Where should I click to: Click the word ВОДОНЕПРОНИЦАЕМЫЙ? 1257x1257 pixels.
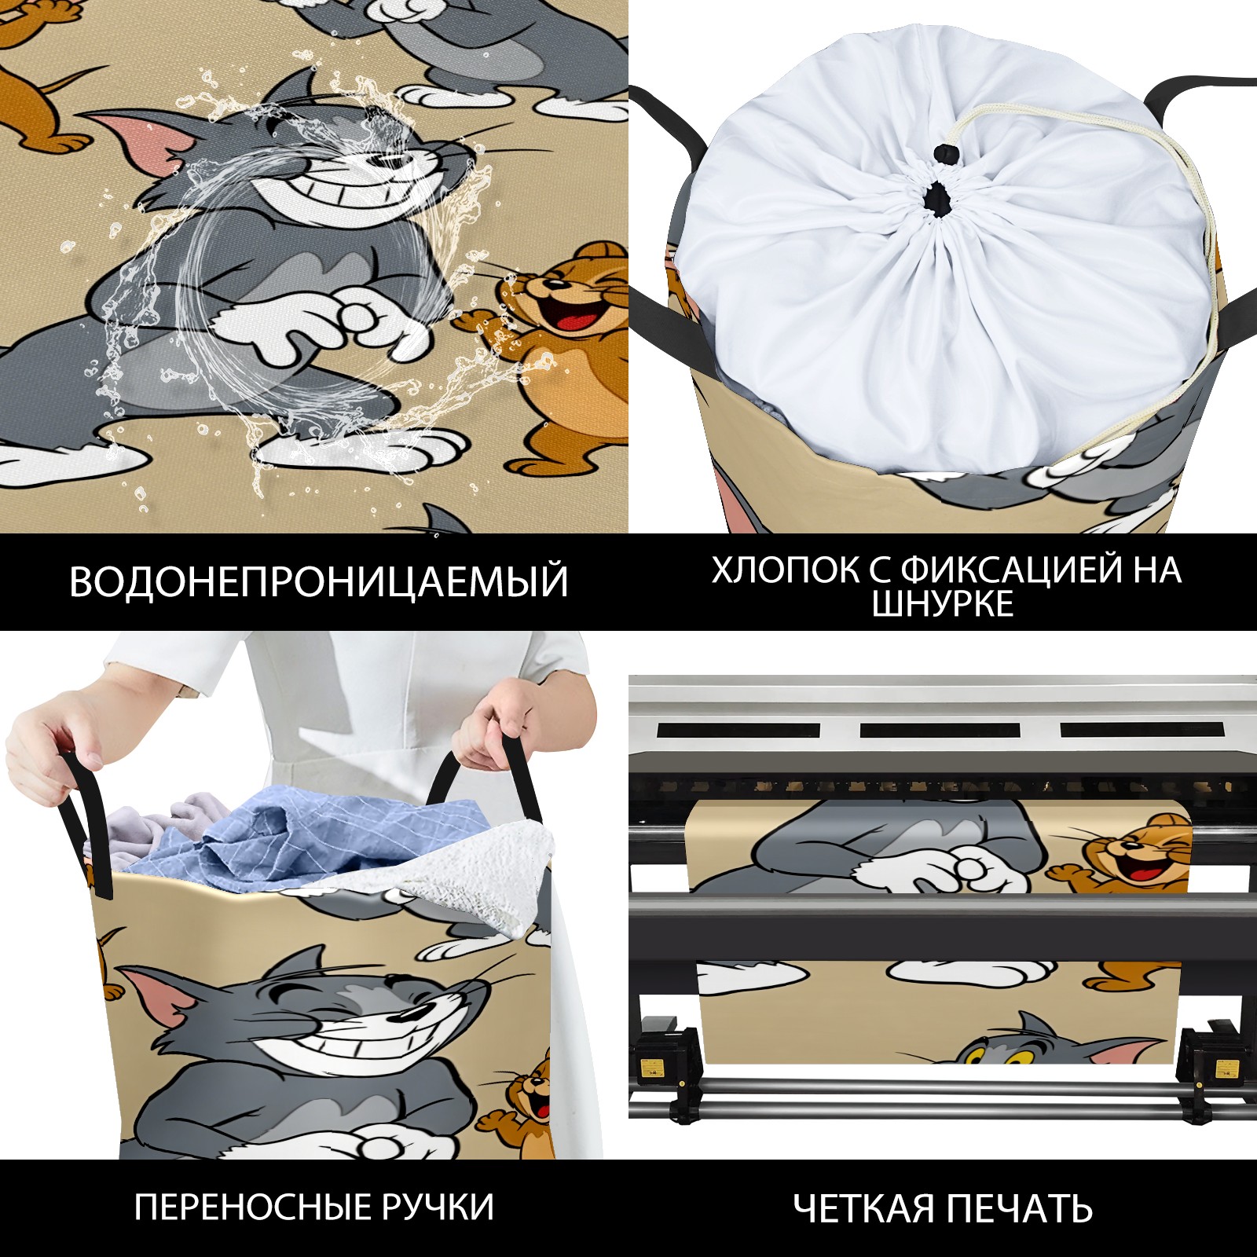pos(318,581)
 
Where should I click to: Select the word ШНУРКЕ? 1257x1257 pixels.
pos(943,604)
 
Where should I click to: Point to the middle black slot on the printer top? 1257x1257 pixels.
pos(940,731)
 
